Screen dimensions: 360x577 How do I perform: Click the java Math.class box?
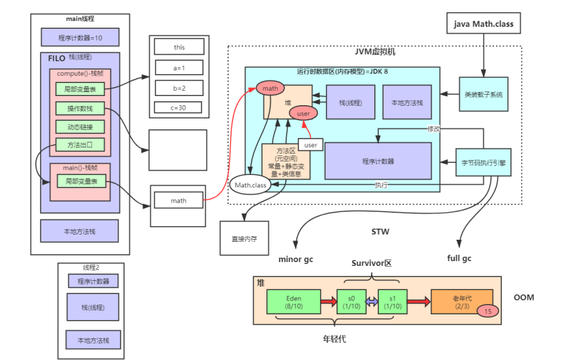click(x=484, y=24)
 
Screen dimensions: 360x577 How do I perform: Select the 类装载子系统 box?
click(x=484, y=94)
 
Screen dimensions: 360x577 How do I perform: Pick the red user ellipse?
click(x=304, y=113)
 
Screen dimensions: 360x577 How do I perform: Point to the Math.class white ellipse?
click(x=250, y=185)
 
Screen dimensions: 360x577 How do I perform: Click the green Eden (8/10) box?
click(x=292, y=301)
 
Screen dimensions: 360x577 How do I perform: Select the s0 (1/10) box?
click(x=352, y=301)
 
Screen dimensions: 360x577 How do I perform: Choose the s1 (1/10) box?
click(x=392, y=301)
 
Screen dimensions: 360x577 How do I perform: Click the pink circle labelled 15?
click(x=488, y=311)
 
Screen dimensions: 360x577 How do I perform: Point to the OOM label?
click(x=523, y=297)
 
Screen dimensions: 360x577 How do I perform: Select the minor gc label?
click(x=295, y=259)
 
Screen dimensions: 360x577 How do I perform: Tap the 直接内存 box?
click(x=244, y=238)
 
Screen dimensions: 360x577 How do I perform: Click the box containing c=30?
click(x=178, y=107)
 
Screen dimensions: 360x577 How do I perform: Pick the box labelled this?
click(x=178, y=47)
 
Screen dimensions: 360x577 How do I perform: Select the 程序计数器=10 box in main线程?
click(x=80, y=37)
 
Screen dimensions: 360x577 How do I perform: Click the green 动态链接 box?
click(x=80, y=127)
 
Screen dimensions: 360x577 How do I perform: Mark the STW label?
click(x=381, y=231)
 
